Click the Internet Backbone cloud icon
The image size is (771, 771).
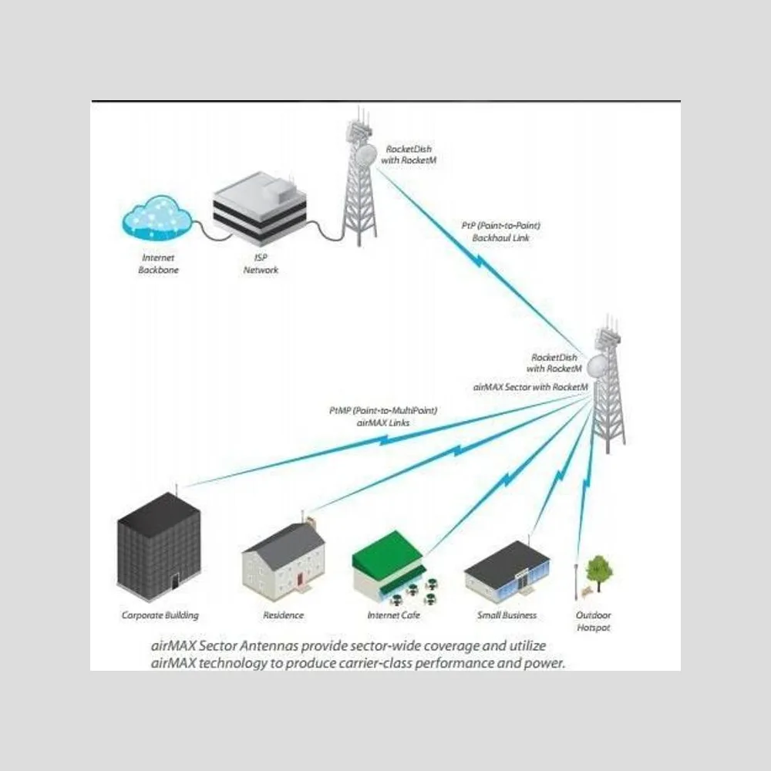click(157, 217)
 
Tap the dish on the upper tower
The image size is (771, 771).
click(366, 154)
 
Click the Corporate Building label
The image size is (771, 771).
click(160, 615)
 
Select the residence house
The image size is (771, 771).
click(284, 558)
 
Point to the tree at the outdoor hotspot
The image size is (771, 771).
click(599, 573)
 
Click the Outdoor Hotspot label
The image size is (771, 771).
click(594, 621)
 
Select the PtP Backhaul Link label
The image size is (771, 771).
click(500, 231)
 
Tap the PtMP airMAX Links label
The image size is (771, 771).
click(383, 416)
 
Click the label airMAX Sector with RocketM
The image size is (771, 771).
click(530, 387)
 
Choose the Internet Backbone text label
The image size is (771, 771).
click(158, 264)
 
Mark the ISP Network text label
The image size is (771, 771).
click(261, 264)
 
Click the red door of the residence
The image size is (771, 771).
click(299, 580)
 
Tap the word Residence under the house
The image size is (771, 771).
click(283, 615)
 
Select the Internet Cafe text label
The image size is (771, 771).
click(394, 615)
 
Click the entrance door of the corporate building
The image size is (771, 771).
click(175, 584)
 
